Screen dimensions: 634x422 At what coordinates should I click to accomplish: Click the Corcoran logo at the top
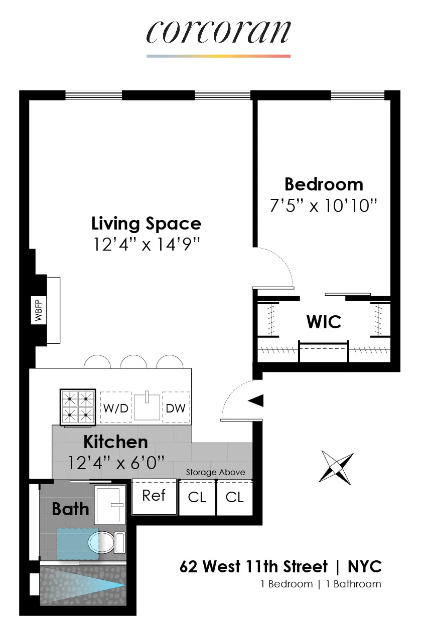coord(218,32)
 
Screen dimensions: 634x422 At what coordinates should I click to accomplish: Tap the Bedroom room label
coord(324,184)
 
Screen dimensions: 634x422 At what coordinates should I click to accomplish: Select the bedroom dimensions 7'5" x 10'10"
coord(324,205)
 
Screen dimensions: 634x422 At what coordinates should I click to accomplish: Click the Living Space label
coord(146,223)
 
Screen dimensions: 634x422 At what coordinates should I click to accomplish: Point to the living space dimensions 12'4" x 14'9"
coord(146,244)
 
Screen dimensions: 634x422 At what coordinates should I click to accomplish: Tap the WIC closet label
coord(324,322)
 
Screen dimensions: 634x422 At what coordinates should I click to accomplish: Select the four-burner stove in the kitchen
coord(78,407)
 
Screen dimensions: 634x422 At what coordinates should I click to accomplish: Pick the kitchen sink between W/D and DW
coord(147,406)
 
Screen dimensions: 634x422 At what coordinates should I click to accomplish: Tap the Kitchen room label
coord(115,442)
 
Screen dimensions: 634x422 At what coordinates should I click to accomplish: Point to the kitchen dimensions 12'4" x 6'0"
coord(116,462)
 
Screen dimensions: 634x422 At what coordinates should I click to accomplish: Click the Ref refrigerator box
coord(154,496)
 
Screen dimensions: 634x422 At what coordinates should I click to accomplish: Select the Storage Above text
coord(215,472)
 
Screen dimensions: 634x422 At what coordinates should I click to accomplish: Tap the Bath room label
coord(70,509)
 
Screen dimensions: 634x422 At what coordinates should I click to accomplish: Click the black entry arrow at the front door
coord(256,400)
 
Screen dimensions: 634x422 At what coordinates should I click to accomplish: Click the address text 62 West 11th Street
coord(253,567)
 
